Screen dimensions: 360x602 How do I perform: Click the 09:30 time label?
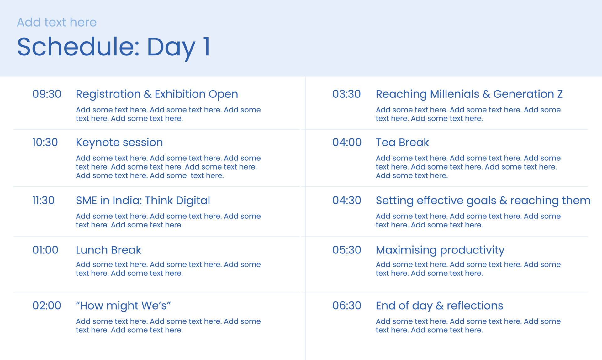47,94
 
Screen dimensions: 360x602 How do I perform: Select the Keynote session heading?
119,143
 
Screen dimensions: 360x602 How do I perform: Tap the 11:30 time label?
43,201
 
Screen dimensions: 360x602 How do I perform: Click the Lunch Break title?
108,250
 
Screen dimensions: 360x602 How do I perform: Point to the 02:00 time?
47,305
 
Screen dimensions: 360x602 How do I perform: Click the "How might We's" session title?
123,305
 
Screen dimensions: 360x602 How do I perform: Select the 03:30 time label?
346,94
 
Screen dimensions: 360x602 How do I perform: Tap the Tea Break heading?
402,143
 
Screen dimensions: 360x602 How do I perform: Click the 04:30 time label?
347,201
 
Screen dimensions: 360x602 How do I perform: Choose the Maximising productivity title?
440,250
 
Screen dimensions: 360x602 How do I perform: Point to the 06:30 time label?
347,305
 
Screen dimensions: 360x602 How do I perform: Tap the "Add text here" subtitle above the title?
57,23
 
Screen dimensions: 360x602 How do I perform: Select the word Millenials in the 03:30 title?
454,94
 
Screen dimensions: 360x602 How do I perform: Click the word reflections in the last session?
475,305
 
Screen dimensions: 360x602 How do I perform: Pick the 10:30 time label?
45,143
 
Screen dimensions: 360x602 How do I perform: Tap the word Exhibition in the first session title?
180,94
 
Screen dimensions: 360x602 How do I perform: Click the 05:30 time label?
347,250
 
